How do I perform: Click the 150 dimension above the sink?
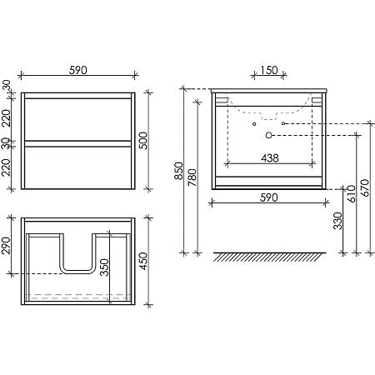(x=269, y=70)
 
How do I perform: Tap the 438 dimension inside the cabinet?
(x=270, y=158)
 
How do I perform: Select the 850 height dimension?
(x=179, y=171)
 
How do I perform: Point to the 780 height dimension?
(x=192, y=177)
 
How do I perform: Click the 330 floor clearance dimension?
(x=337, y=221)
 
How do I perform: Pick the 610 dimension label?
(x=352, y=194)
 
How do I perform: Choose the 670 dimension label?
(x=366, y=187)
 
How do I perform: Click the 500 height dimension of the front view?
(x=143, y=141)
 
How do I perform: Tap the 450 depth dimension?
(x=143, y=261)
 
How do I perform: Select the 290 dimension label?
(x=6, y=246)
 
